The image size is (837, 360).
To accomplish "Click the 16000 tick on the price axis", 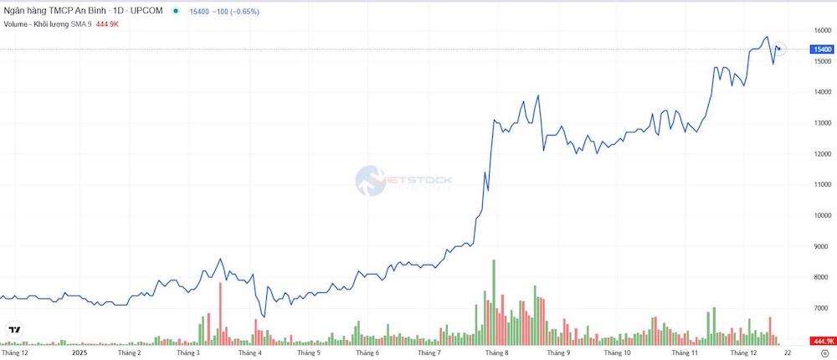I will point(821,30).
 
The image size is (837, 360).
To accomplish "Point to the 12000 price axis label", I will point(821,154).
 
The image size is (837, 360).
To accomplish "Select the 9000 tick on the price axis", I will point(821,246).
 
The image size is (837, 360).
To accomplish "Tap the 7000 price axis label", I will point(821,308).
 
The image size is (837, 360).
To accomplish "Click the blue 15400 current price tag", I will point(821,49).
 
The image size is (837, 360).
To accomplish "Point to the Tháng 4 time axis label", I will point(249,353).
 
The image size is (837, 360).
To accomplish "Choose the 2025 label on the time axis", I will point(79,353).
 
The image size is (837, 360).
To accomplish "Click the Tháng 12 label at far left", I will point(14,353).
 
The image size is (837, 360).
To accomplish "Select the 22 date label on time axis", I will point(787,353).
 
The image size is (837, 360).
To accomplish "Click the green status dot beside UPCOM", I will point(176,11).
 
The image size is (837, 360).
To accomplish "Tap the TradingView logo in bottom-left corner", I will point(14,330).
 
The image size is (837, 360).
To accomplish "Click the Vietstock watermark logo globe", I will point(370,179).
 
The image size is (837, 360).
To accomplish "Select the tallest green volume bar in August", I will point(494,301).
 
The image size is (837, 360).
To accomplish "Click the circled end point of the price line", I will point(778,49).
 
